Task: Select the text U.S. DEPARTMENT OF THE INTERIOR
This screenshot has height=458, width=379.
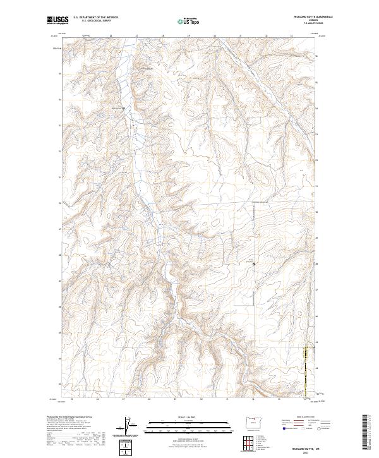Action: click(95, 18)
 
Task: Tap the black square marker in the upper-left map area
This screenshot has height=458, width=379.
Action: click(123, 108)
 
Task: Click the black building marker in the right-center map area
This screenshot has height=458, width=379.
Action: click(254, 264)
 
